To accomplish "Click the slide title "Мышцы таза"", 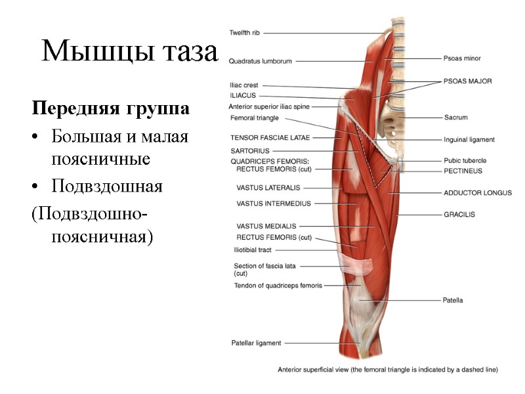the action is pyautogui.click(x=129, y=51).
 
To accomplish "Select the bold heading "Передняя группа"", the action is pyautogui.click(x=111, y=109).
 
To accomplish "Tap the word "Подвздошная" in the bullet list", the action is pyautogui.click(x=106, y=186).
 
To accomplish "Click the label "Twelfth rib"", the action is pyautogui.click(x=244, y=32).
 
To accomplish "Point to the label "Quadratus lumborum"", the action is pyautogui.click(x=261, y=61).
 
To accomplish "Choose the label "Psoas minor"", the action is pyautogui.click(x=462, y=58).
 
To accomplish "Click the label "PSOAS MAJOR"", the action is pyautogui.click(x=468, y=81).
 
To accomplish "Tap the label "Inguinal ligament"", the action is pyautogui.click(x=469, y=139).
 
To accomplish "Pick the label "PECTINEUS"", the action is pyautogui.click(x=463, y=171).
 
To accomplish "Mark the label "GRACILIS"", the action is pyautogui.click(x=459, y=214).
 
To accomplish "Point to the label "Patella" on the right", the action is pyautogui.click(x=453, y=300).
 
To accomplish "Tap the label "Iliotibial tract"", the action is pyautogui.click(x=253, y=250).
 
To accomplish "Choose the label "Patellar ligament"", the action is pyautogui.click(x=256, y=343).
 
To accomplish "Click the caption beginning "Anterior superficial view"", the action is pyautogui.click(x=388, y=369).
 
